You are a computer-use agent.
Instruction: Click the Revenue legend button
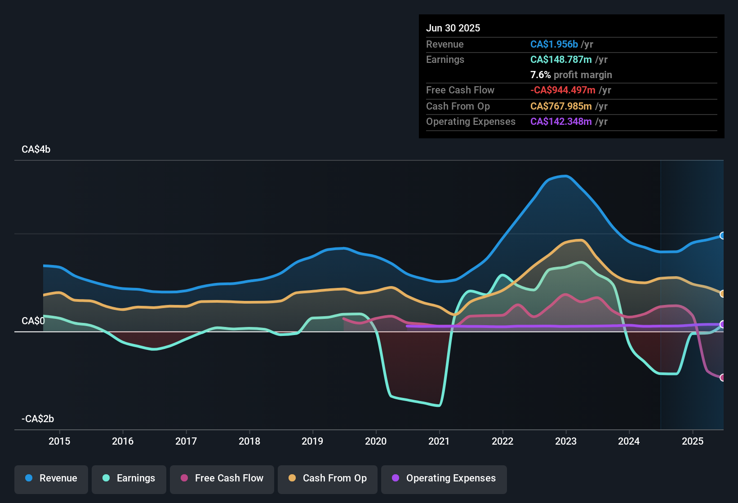51,478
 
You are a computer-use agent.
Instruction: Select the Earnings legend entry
129,478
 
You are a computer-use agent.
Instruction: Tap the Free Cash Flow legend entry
222,478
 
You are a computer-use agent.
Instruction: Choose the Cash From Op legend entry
328,478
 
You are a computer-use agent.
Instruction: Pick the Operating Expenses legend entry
444,478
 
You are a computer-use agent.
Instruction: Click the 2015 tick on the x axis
59,441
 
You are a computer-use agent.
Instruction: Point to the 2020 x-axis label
376,441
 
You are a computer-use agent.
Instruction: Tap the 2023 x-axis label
566,441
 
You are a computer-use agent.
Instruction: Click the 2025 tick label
693,441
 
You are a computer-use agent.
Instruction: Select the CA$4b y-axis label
36,150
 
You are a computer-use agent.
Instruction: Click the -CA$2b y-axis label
38,419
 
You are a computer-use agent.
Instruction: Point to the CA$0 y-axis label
33,321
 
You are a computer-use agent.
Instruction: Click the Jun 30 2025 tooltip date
453,28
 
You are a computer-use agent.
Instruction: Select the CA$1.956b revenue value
554,44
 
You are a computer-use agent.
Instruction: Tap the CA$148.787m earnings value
560,60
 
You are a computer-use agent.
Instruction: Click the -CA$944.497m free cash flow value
563,90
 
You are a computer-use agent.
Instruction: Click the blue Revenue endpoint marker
722,235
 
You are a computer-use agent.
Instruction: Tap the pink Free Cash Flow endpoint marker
722,378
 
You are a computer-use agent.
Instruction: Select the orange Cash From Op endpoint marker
722,294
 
